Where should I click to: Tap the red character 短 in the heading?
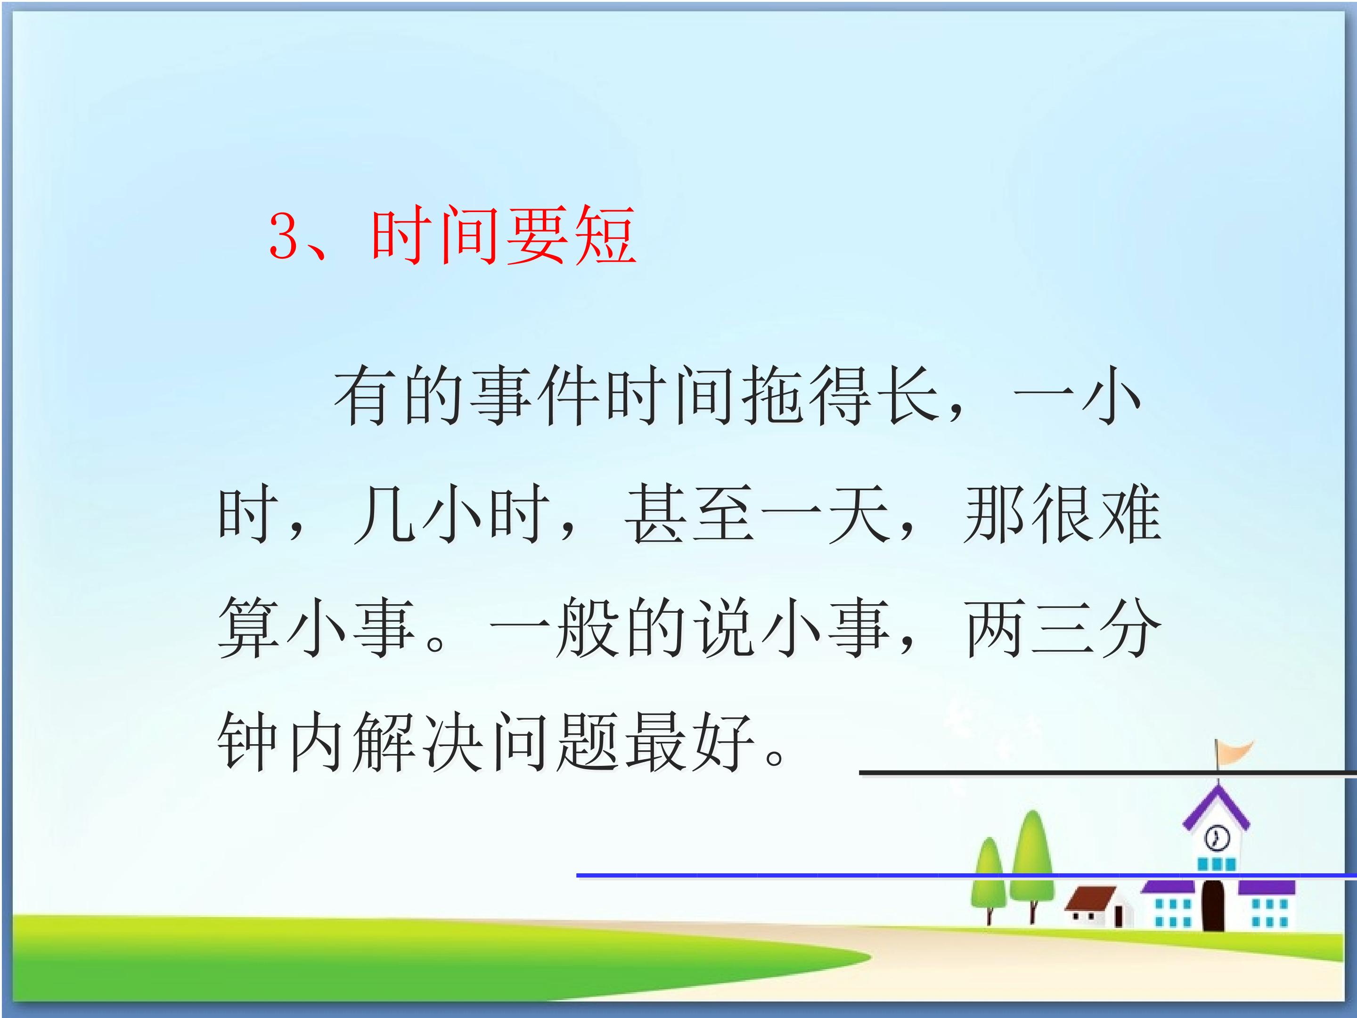[604, 235]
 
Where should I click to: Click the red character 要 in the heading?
[536, 235]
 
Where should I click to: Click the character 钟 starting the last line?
[248, 742]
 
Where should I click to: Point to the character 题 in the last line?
[587, 742]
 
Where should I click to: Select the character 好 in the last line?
[723, 742]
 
